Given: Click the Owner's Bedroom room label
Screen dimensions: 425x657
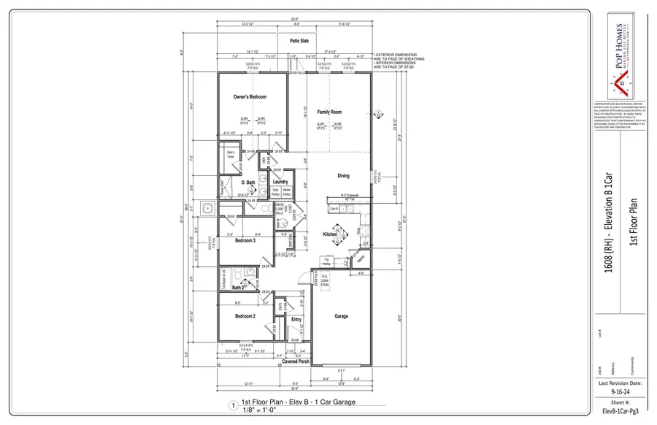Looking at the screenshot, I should pos(250,97).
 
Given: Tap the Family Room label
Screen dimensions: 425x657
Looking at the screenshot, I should pos(329,112).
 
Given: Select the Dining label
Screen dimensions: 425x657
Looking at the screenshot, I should pos(343,176).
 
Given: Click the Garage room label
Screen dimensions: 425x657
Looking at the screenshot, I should pos(340,316).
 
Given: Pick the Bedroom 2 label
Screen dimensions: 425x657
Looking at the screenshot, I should pos(245,316).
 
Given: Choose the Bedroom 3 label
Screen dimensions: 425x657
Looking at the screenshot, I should pos(245,240).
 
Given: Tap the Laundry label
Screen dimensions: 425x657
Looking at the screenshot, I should pos(280,182).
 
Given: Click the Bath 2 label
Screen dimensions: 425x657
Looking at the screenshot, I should pos(238,288).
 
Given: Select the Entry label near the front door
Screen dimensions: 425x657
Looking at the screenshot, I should pos(296,319).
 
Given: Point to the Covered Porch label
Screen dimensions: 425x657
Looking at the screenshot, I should pos(296,361).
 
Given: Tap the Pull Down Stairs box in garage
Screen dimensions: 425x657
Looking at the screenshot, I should pos(324,280).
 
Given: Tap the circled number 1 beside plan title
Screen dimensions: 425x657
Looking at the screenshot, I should pos(233,405).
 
